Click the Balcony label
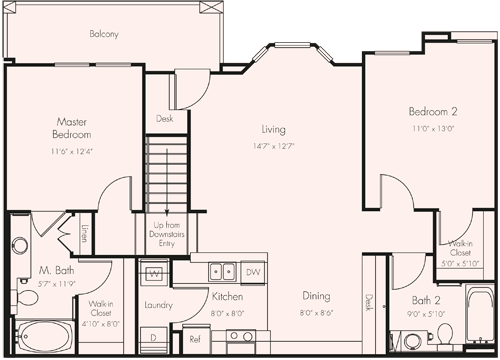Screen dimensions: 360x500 coord(103,33)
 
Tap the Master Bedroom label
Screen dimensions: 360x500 coord(73,128)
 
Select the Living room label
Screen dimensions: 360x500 coord(273,129)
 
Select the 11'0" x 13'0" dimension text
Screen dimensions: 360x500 coord(432,128)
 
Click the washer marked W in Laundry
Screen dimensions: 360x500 coord(155,272)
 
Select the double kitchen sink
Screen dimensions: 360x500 coord(222,270)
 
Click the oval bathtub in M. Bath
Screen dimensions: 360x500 coord(40,337)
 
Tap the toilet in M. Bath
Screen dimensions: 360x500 coord(20,245)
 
